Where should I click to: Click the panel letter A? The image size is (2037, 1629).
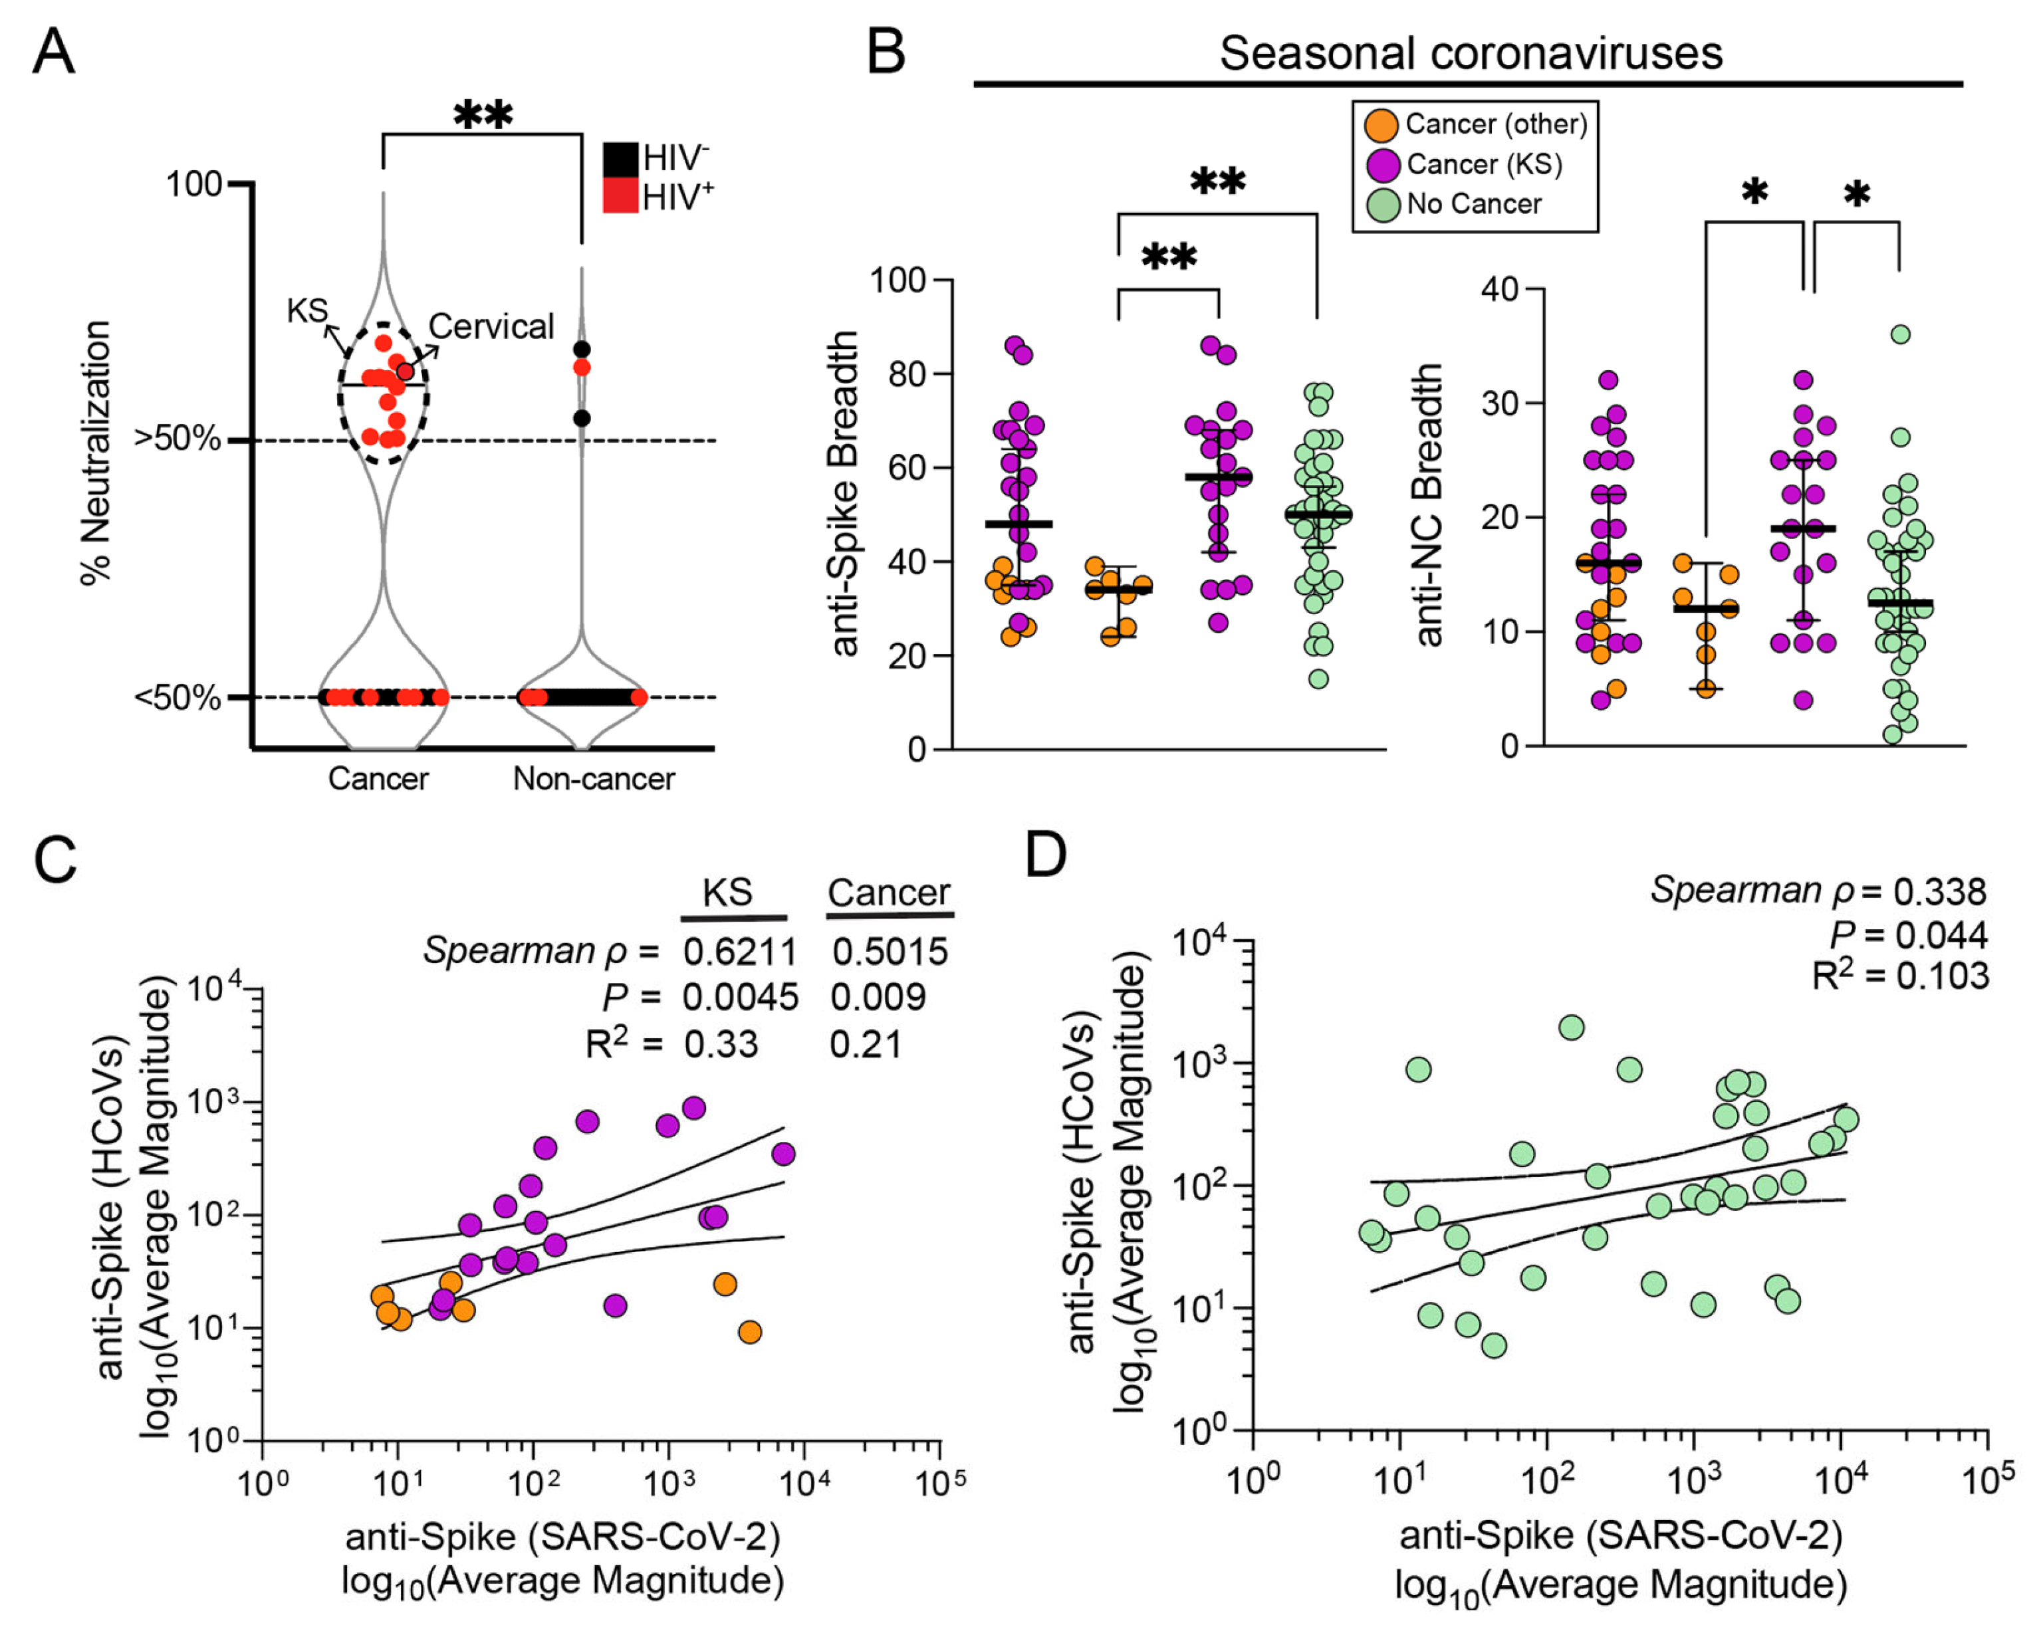(x=53, y=52)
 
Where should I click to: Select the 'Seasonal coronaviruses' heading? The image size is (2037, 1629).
(x=1470, y=53)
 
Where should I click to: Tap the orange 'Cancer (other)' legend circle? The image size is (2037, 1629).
(x=1382, y=125)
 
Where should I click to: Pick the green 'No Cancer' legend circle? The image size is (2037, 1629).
(x=1382, y=205)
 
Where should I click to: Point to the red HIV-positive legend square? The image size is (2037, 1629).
(x=620, y=195)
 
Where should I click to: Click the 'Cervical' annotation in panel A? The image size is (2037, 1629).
(x=491, y=327)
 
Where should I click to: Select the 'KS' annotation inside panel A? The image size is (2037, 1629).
(x=307, y=310)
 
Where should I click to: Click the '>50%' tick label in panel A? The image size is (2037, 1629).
(x=177, y=439)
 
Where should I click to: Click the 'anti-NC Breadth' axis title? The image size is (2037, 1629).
(x=1429, y=505)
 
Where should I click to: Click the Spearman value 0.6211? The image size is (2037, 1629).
(x=740, y=952)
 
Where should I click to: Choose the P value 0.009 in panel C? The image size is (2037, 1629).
(x=878, y=997)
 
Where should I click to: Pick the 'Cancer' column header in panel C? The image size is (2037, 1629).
(x=888, y=893)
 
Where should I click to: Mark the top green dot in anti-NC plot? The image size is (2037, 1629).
(x=1900, y=334)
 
